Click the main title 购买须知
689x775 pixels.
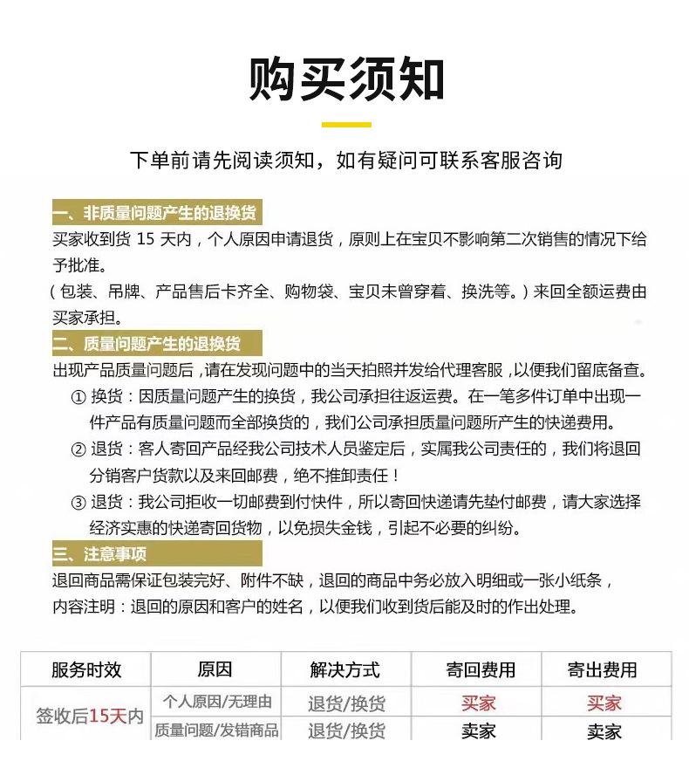click(346, 80)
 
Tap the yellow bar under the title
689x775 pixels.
click(346, 125)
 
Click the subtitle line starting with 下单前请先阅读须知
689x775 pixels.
click(346, 161)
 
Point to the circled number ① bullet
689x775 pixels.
click(78, 397)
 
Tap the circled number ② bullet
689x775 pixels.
click(78, 449)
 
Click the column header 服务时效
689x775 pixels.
click(86, 670)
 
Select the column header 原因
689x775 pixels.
click(215, 670)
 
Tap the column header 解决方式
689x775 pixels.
click(345, 670)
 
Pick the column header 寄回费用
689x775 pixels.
click(479, 670)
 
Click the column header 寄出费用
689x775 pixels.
click(603, 670)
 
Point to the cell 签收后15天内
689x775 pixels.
click(89, 717)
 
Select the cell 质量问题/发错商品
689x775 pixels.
click(216, 730)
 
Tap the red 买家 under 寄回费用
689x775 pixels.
click(479, 703)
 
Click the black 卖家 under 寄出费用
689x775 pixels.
click(604, 732)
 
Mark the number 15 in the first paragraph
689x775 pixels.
click(146, 240)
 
